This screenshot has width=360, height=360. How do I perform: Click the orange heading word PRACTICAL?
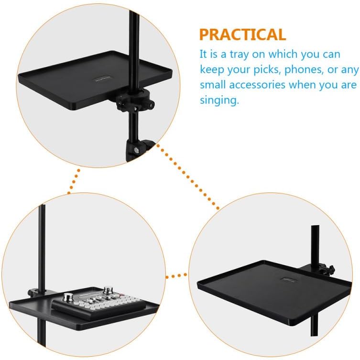[x=242, y=34]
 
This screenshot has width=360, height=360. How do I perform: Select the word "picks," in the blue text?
[x=267, y=69]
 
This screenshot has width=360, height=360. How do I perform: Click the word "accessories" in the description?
[x=257, y=85]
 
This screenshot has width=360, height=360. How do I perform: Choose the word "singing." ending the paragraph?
[x=219, y=100]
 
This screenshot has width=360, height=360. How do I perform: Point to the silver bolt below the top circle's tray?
[x=136, y=151]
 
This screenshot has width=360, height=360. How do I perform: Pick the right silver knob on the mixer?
[x=107, y=290]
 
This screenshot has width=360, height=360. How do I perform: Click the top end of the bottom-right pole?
[x=315, y=226]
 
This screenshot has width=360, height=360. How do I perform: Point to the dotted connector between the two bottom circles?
[x=176, y=276]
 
